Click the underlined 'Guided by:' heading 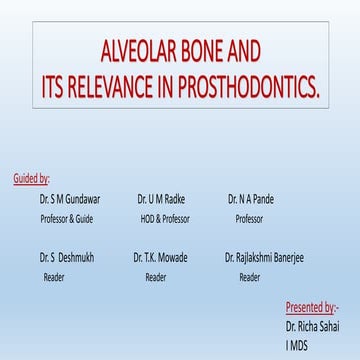pos(31,179)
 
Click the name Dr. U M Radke pos(161,199)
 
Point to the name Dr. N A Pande pos(250,199)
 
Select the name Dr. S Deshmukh pos(68,257)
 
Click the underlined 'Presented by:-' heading pos(312,307)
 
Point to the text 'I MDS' pos(299,345)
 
